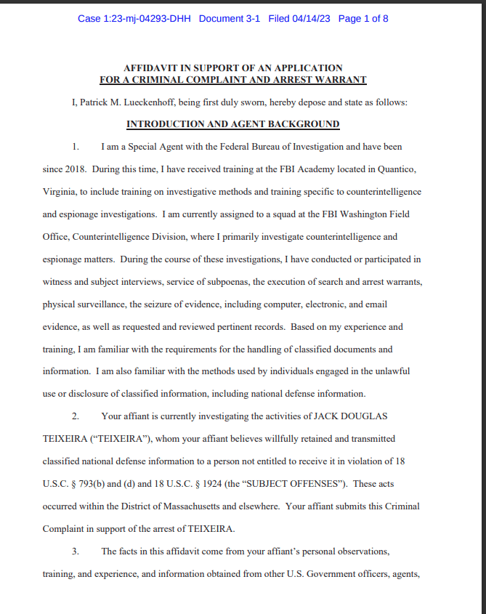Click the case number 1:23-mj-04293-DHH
[134, 18]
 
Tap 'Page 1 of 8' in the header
[363, 18]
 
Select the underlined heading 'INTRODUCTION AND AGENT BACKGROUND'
[232, 124]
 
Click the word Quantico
[399, 169]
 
